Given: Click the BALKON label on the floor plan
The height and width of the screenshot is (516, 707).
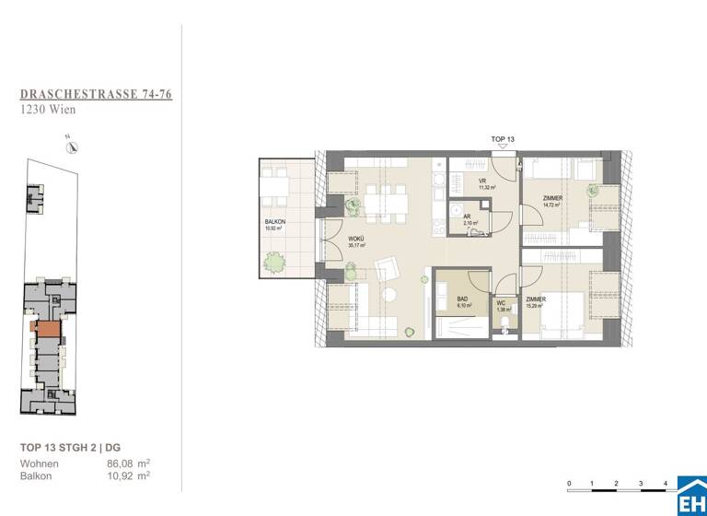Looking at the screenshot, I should (x=274, y=224).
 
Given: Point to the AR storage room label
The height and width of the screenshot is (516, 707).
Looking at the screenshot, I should (x=468, y=217).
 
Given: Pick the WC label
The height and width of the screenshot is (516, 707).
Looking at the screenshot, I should (x=502, y=301).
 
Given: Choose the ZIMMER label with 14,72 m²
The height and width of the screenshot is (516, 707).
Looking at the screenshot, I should (x=553, y=198).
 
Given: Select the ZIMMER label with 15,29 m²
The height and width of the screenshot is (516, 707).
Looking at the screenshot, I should (x=536, y=300).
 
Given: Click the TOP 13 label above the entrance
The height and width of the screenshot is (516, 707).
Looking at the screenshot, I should (x=503, y=139).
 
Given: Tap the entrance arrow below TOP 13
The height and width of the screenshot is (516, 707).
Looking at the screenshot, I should (x=503, y=148).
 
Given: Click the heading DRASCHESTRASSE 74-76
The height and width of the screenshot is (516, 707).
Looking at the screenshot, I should (x=97, y=94).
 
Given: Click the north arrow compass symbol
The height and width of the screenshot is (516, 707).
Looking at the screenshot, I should (x=71, y=147).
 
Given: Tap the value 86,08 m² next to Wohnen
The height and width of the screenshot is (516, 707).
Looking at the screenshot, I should (x=128, y=464).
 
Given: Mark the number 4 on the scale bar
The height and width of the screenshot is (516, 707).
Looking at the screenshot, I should (x=664, y=483).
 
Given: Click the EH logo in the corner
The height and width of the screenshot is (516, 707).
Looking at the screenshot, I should (x=691, y=498).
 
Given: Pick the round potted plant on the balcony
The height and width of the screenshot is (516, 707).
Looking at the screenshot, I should (x=274, y=264).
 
